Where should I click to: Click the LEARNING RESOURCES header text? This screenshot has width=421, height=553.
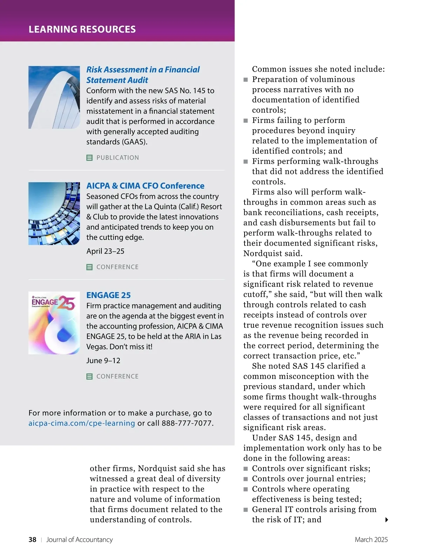[82, 29]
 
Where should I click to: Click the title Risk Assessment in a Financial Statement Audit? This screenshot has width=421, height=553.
[143, 75]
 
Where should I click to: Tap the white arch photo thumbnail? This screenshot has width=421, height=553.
[54, 97]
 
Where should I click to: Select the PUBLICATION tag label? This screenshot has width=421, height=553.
[118, 158]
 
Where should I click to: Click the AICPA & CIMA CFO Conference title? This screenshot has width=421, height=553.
[145, 186]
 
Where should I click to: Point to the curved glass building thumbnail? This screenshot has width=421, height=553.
[54, 213]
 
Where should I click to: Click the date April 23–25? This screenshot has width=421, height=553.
[105, 251]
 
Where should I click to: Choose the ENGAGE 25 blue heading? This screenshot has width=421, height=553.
[108, 295]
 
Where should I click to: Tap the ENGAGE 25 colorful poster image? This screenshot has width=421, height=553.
[54, 323]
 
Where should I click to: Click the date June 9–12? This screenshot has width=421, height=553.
[103, 361]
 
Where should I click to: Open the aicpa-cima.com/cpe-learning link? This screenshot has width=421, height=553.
[81, 423]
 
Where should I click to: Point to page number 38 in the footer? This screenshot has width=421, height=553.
[32, 540]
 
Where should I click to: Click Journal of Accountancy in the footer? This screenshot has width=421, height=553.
[80, 540]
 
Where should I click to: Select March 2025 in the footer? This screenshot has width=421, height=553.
[371, 540]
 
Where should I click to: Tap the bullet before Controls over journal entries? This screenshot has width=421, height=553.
[246, 479]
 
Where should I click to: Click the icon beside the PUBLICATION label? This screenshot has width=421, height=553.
[89, 158]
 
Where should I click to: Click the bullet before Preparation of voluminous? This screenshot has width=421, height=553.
[246, 80]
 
